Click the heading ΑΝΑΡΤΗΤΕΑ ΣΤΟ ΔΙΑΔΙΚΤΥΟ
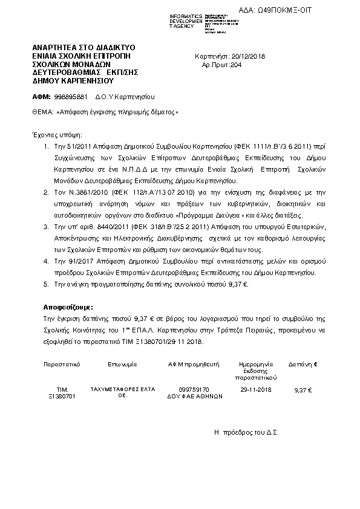click(83, 47)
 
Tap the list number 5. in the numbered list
click(47, 284)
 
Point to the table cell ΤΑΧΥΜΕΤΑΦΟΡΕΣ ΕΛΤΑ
click(117, 390)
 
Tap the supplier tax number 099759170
click(194, 390)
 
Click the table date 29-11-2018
click(255, 390)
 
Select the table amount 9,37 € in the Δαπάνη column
click(302, 391)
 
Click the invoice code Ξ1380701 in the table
click(61, 397)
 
